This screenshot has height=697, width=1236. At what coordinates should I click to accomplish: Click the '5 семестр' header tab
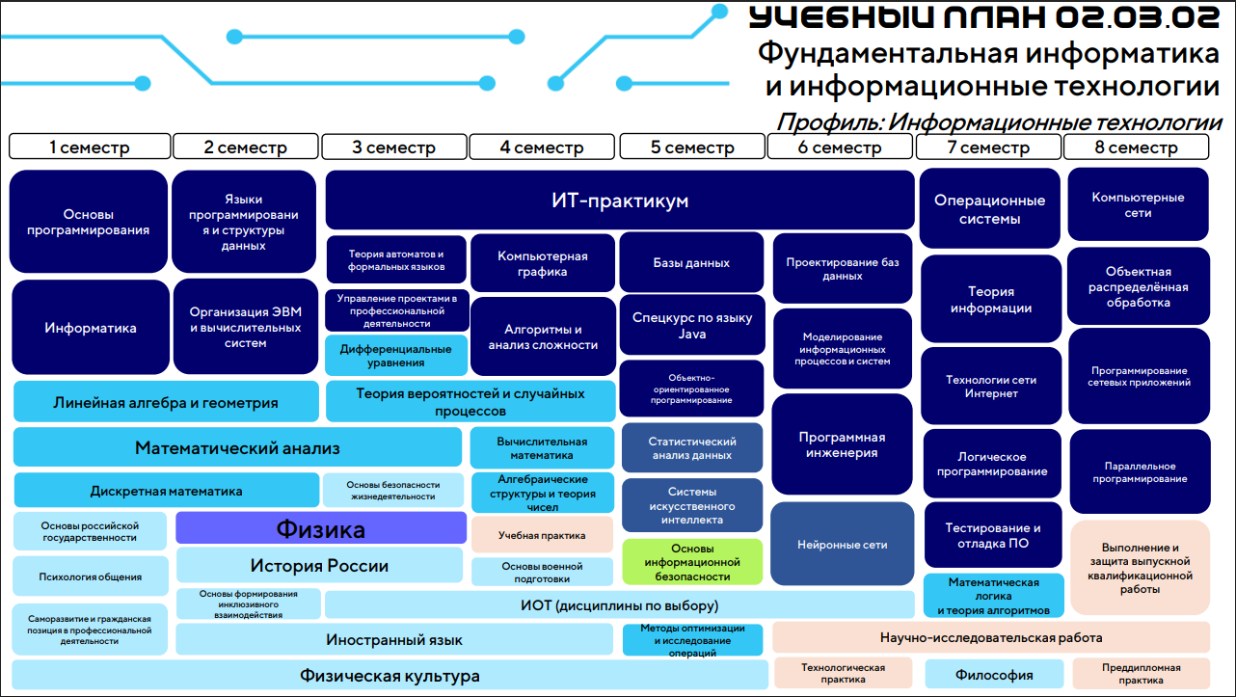pos(692,147)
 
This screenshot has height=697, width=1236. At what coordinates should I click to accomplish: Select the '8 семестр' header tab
pos(1136,147)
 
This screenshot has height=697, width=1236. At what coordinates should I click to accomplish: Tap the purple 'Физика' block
pos(321,528)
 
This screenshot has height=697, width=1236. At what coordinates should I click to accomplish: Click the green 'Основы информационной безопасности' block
pos(692,562)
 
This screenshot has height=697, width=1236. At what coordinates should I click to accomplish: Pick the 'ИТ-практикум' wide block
pos(620,201)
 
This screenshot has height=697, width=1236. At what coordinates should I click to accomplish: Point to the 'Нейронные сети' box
pos(843,545)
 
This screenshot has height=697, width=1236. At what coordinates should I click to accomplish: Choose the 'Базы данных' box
pos(692,262)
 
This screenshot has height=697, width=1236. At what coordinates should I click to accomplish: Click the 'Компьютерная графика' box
pos(543,263)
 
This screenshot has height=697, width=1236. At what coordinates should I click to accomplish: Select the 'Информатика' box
pos(91,328)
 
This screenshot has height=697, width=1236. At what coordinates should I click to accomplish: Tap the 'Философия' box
pos(994,674)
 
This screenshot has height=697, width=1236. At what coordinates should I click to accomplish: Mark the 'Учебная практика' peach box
pos(542,535)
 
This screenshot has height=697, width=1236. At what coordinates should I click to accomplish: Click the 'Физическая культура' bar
pos(390,676)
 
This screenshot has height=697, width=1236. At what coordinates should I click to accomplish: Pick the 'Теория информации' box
pos(991,300)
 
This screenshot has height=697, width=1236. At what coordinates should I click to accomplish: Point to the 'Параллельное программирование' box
pos(1139,472)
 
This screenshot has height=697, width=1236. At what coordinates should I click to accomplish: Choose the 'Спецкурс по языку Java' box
pos(692,326)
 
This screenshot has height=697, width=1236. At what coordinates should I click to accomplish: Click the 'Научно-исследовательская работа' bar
pos(991,637)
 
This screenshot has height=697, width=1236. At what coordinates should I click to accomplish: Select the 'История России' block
pos(320,566)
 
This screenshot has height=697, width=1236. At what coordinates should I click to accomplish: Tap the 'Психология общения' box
pos(91,576)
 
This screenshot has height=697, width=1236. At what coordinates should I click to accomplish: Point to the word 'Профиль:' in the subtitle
pos(830,122)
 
